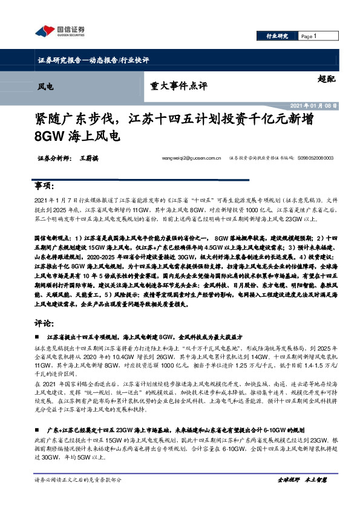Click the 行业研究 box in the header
278,36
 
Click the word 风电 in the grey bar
45,86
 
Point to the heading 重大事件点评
176,86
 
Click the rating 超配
326,79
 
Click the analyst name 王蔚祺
88,158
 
